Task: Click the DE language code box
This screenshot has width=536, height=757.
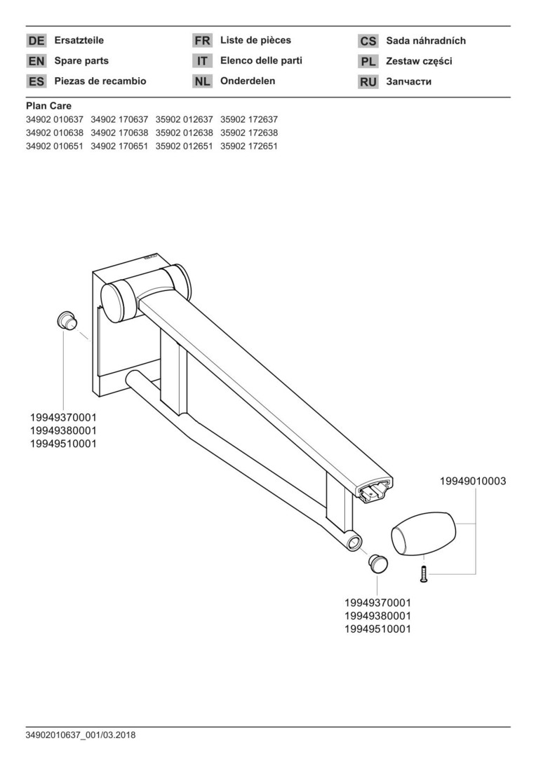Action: tap(36, 41)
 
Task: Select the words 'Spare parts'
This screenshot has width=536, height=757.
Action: tap(81, 61)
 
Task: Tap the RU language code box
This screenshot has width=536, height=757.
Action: tap(368, 81)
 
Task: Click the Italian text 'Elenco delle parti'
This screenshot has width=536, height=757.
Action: tap(261, 61)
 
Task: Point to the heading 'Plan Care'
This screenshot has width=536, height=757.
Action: tap(49, 107)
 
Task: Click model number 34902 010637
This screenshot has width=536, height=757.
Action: tap(55, 119)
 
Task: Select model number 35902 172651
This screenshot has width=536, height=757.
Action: tap(249, 146)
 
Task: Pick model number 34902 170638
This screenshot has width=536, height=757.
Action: tap(119, 132)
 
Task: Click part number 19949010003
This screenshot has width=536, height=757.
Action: tap(473, 481)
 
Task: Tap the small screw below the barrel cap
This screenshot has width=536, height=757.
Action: tap(424, 574)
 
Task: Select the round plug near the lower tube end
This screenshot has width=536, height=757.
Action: tap(378, 563)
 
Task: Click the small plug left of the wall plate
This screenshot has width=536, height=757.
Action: tap(66, 320)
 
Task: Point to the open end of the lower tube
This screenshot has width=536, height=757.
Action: tap(354, 542)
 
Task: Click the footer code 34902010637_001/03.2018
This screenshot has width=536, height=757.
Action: tap(81, 735)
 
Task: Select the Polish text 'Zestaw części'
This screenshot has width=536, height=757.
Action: tap(419, 61)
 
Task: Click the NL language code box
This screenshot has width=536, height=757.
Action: tap(202, 81)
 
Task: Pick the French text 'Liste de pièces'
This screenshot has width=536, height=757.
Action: tap(255, 40)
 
